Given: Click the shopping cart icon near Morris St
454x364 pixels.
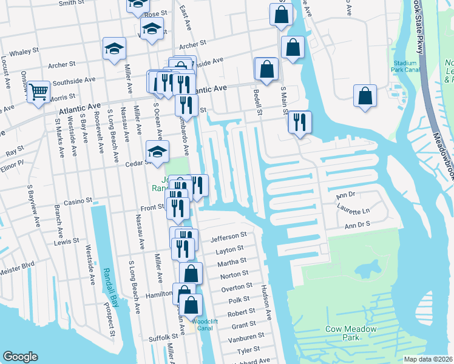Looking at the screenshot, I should [x=38, y=92].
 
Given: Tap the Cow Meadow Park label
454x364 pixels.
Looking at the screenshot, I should [x=351, y=333].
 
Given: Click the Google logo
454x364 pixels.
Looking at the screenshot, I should [x=20, y=357].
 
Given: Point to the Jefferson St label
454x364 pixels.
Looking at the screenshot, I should [x=228, y=235].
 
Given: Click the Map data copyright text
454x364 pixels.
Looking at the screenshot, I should [x=428, y=359].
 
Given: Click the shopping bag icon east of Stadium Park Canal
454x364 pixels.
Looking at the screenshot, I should [x=365, y=96].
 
